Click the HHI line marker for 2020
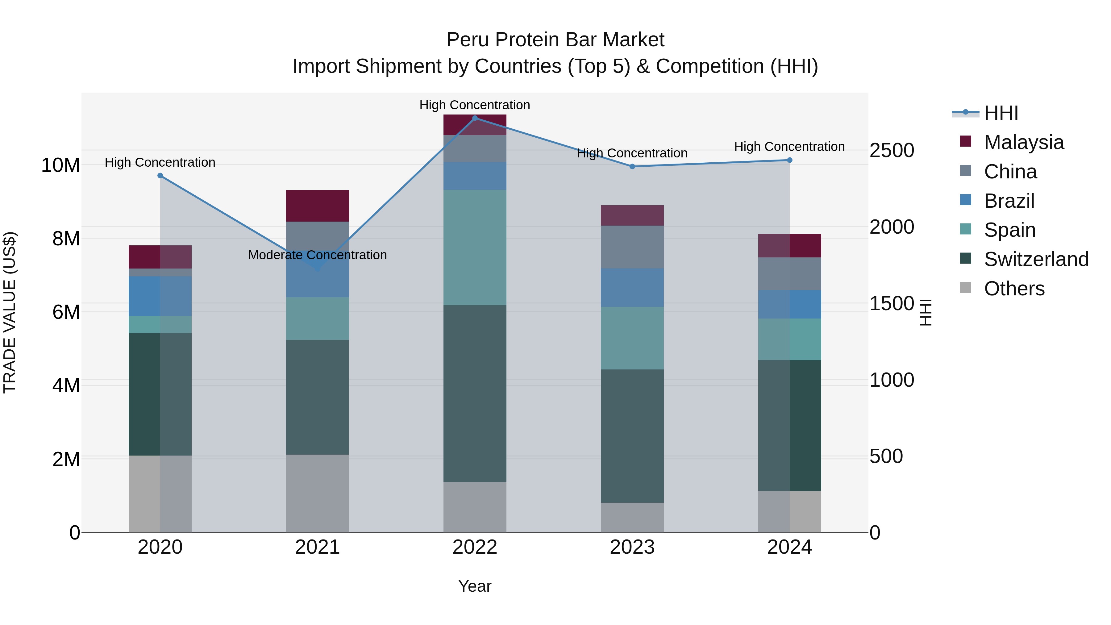(160, 176)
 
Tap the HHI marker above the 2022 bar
(475, 118)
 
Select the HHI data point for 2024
(790, 160)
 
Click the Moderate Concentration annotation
(318, 255)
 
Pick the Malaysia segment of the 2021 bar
(318, 206)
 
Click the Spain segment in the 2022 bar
(475, 248)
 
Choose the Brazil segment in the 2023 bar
(632, 288)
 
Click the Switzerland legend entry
(1036, 259)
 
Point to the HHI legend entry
(1001, 113)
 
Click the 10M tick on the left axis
(60, 165)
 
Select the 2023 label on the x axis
(632, 547)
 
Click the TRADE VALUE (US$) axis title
(10, 312)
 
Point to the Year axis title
(475, 586)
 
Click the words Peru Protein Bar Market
(555, 40)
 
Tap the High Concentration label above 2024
(789, 147)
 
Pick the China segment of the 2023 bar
(632, 247)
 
